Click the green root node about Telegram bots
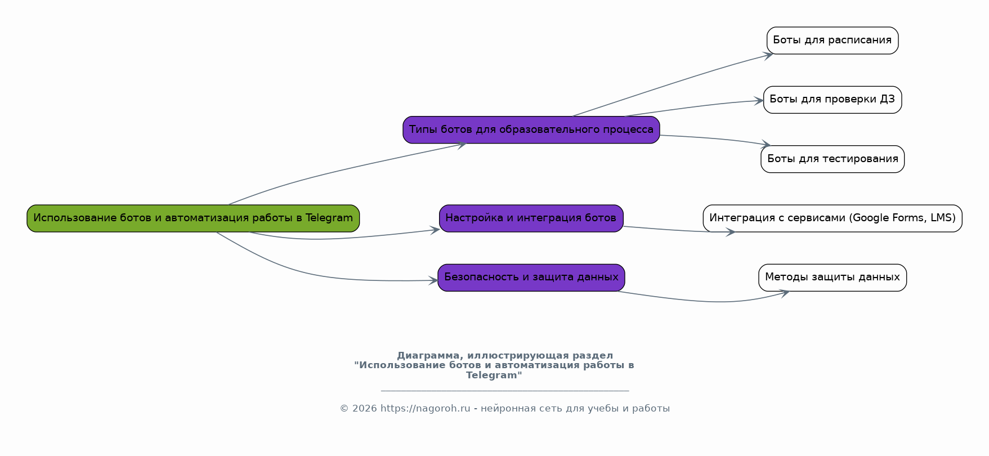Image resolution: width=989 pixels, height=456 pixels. tap(193, 218)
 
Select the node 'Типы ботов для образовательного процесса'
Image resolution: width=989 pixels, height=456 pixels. tap(531, 130)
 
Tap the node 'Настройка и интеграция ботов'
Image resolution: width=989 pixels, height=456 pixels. tap(531, 218)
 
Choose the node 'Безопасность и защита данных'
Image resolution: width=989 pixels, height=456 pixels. tap(531, 278)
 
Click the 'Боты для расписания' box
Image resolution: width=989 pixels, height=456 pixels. tap(832, 41)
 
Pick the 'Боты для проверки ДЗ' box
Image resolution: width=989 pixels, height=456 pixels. tap(832, 100)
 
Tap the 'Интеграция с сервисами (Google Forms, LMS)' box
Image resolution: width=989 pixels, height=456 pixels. tap(832, 218)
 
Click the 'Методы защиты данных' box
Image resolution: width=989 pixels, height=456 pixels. tap(832, 278)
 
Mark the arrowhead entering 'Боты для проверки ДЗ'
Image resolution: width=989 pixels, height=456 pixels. tap(760, 101)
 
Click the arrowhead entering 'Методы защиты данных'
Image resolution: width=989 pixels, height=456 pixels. tap(785, 292)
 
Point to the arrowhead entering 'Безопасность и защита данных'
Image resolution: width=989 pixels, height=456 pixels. tap(434, 280)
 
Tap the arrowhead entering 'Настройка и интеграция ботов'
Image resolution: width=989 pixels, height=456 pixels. tap(435, 230)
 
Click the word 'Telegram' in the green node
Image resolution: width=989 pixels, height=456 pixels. tap(329, 218)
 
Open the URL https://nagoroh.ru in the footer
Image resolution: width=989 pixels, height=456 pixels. tap(425, 409)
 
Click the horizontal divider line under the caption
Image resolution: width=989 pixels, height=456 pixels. tap(504, 391)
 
